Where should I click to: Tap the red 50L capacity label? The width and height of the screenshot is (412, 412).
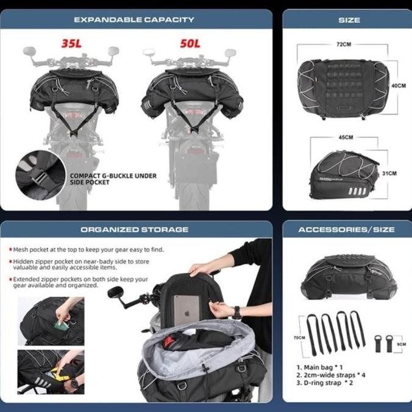[190, 44]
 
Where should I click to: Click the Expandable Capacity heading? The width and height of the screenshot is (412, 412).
[134, 20]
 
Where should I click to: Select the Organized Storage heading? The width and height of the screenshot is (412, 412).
[135, 230]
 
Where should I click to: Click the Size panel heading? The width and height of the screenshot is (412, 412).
[349, 20]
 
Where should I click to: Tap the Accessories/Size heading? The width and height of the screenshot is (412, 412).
[346, 230]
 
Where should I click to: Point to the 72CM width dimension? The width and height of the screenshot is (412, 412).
[343, 44]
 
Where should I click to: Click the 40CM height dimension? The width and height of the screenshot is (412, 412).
[399, 86]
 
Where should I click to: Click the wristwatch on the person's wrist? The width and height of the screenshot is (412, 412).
[236, 313]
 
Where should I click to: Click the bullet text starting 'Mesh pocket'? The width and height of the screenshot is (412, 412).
[89, 249]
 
